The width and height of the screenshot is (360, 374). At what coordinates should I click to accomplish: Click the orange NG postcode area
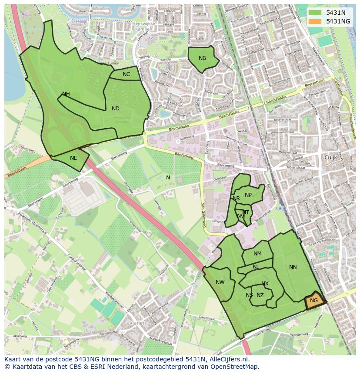pyautogui.click(x=313, y=301)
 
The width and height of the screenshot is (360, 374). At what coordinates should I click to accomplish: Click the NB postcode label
pyautogui.click(x=202, y=58)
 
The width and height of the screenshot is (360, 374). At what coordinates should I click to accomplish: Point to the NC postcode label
pyautogui.click(x=126, y=74)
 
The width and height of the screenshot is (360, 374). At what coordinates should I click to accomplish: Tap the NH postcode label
pyautogui.click(x=66, y=94)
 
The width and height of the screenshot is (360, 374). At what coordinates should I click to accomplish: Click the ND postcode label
pyautogui.click(x=115, y=109)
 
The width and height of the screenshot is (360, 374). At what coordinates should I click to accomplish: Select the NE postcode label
pyautogui.click(x=73, y=158)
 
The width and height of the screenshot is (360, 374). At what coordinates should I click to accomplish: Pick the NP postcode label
pyautogui.click(x=248, y=195)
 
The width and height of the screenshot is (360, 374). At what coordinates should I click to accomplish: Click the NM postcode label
pyautogui.click(x=257, y=254)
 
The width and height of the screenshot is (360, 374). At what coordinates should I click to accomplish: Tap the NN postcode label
pyautogui.click(x=293, y=267)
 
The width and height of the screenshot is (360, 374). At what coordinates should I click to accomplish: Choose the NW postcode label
pyautogui.click(x=220, y=282)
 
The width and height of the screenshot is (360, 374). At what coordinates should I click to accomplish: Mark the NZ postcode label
pyautogui.click(x=260, y=295)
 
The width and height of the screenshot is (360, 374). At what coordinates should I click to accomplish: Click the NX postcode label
pyautogui.click(x=265, y=284)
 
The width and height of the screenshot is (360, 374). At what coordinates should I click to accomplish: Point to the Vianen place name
pyautogui.click(x=139, y=324)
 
